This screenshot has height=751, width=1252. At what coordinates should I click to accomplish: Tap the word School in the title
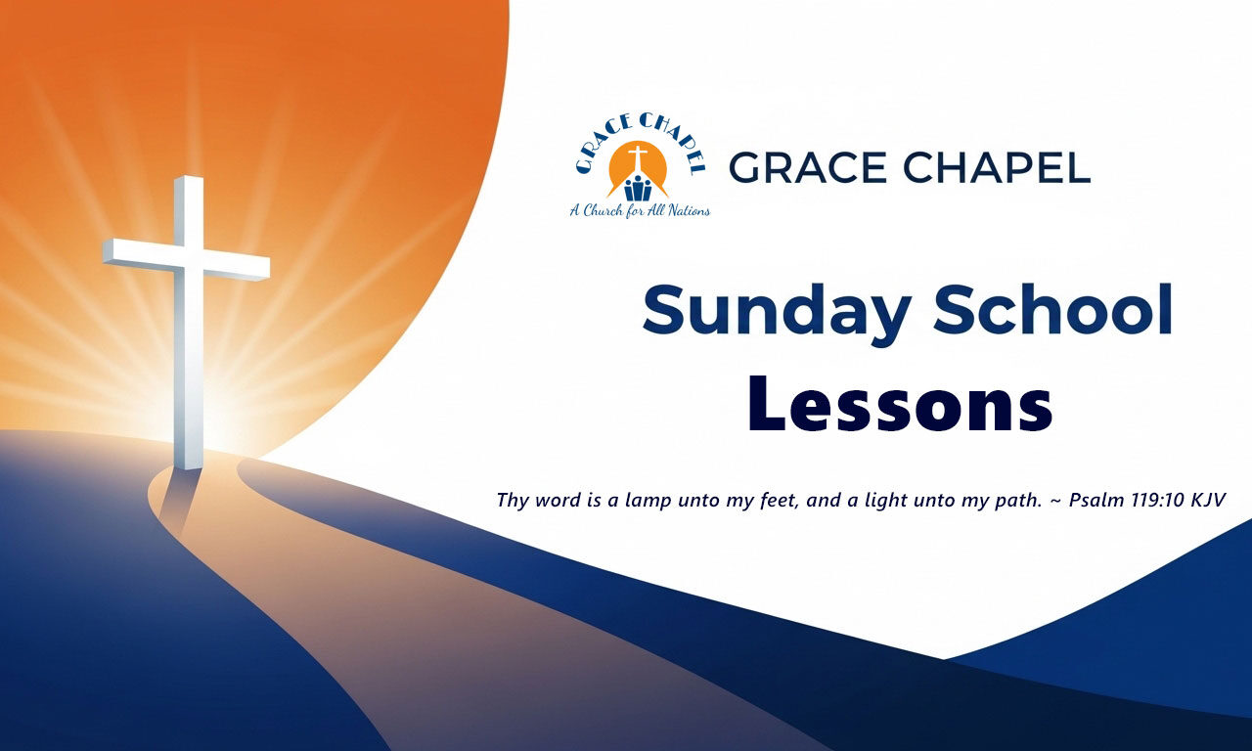1053,309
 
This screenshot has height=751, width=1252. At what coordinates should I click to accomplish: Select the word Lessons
901,404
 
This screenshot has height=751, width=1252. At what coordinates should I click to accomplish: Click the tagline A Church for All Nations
640,210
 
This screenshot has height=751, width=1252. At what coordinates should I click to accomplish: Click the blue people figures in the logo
638,189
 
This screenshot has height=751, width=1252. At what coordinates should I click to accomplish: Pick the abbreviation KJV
1208,500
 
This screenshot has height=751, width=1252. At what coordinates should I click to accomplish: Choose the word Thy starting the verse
513,501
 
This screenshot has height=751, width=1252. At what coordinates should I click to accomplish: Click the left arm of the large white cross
140,254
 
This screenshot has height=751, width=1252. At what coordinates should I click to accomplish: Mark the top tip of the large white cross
189,177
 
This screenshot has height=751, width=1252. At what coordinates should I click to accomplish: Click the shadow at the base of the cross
176,500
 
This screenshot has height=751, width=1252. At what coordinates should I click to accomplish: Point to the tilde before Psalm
1055,501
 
